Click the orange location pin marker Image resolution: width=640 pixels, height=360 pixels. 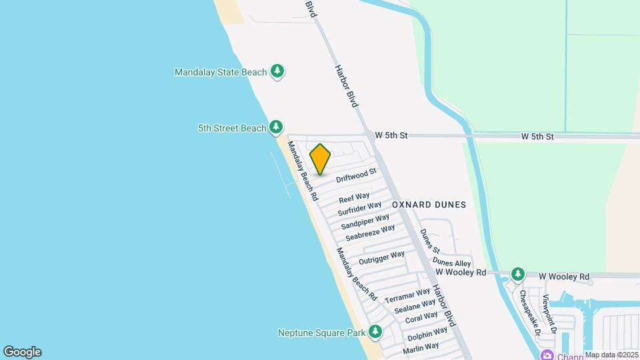pyautogui.click(x=321, y=159)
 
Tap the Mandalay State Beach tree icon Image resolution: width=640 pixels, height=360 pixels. pyautogui.click(x=277, y=71)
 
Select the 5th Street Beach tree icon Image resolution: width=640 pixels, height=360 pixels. pyautogui.click(x=275, y=127)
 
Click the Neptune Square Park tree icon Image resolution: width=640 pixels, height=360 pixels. pyautogui.click(x=375, y=331)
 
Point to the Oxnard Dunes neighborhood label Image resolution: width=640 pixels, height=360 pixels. pyautogui.click(x=429, y=205)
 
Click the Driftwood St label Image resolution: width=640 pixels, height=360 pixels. pyautogui.click(x=357, y=177)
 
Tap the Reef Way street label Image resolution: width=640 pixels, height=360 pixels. pyautogui.click(x=354, y=198)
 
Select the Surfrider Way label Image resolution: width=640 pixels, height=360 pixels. pyautogui.click(x=359, y=209)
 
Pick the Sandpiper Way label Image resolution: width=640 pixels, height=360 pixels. pyautogui.click(x=365, y=222)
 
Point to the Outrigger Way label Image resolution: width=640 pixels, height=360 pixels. pyautogui.click(x=381, y=257)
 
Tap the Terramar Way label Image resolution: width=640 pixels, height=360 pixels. pyautogui.click(x=407, y=297)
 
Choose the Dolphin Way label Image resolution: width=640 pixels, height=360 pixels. pyautogui.click(x=427, y=333)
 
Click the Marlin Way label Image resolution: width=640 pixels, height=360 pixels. pyautogui.click(x=421, y=347)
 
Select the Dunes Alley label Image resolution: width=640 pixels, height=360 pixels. pyautogui.click(x=451, y=262)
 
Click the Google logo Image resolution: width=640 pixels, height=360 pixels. pyautogui.click(x=22, y=352)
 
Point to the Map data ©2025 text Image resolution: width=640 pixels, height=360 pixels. pyautogui.click(x=611, y=355)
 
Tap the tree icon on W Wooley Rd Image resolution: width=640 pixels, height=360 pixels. pyautogui.click(x=517, y=274)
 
